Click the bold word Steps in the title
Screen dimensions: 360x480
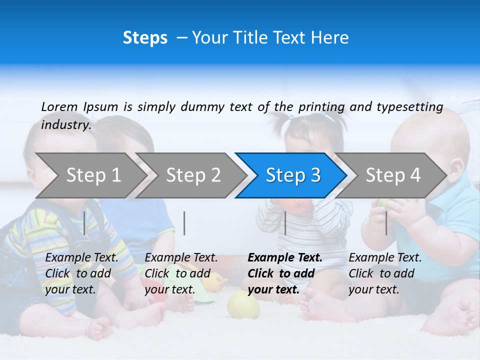[145, 38]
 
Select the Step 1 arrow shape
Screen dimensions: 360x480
[90, 175]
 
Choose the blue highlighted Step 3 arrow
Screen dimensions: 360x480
[292, 175]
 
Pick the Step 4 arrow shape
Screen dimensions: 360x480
[392, 175]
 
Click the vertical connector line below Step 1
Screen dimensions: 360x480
[84, 223]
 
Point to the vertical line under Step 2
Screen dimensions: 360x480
[184, 223]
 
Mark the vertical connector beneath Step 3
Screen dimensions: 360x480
[285, 223]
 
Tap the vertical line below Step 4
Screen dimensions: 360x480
[386, 223]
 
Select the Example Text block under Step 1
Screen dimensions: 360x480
[81, 273]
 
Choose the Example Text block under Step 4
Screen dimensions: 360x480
[384, 273]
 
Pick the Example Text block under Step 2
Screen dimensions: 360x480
[180, 273]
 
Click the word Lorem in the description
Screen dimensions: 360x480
[59, 106]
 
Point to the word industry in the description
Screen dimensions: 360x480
[65, 125]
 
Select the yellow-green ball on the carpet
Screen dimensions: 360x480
[243, 305]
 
